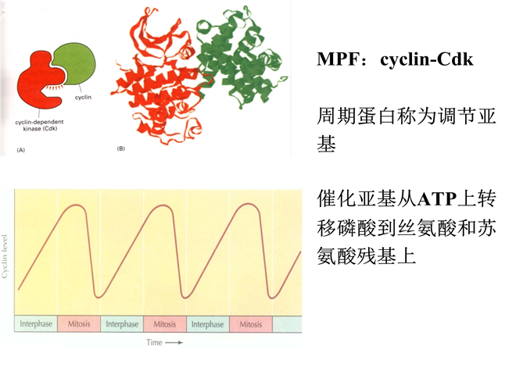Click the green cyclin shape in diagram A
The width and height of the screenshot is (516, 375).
point(77,63)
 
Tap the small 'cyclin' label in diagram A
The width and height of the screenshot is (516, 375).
point(83,98)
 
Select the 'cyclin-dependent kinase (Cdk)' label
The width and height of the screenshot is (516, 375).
point(40,125)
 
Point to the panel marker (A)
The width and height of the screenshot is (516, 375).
point(21,150)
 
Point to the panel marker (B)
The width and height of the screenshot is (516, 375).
point(120,148)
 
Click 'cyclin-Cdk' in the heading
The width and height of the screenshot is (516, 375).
point(427,59)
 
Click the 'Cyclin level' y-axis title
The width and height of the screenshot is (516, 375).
point(5,256)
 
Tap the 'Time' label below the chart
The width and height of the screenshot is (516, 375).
point(154,342)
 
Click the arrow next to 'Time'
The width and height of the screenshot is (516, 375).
point(174,343)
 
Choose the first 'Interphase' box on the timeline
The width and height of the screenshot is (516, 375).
point(36,323)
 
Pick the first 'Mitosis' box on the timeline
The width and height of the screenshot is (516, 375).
point(79,323)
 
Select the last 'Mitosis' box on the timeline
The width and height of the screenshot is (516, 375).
point(251,324)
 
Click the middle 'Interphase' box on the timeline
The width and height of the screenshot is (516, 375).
point(122,323)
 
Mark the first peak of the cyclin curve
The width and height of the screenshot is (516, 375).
point(77,205)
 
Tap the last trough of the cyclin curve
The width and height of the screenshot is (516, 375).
point(272,298)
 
